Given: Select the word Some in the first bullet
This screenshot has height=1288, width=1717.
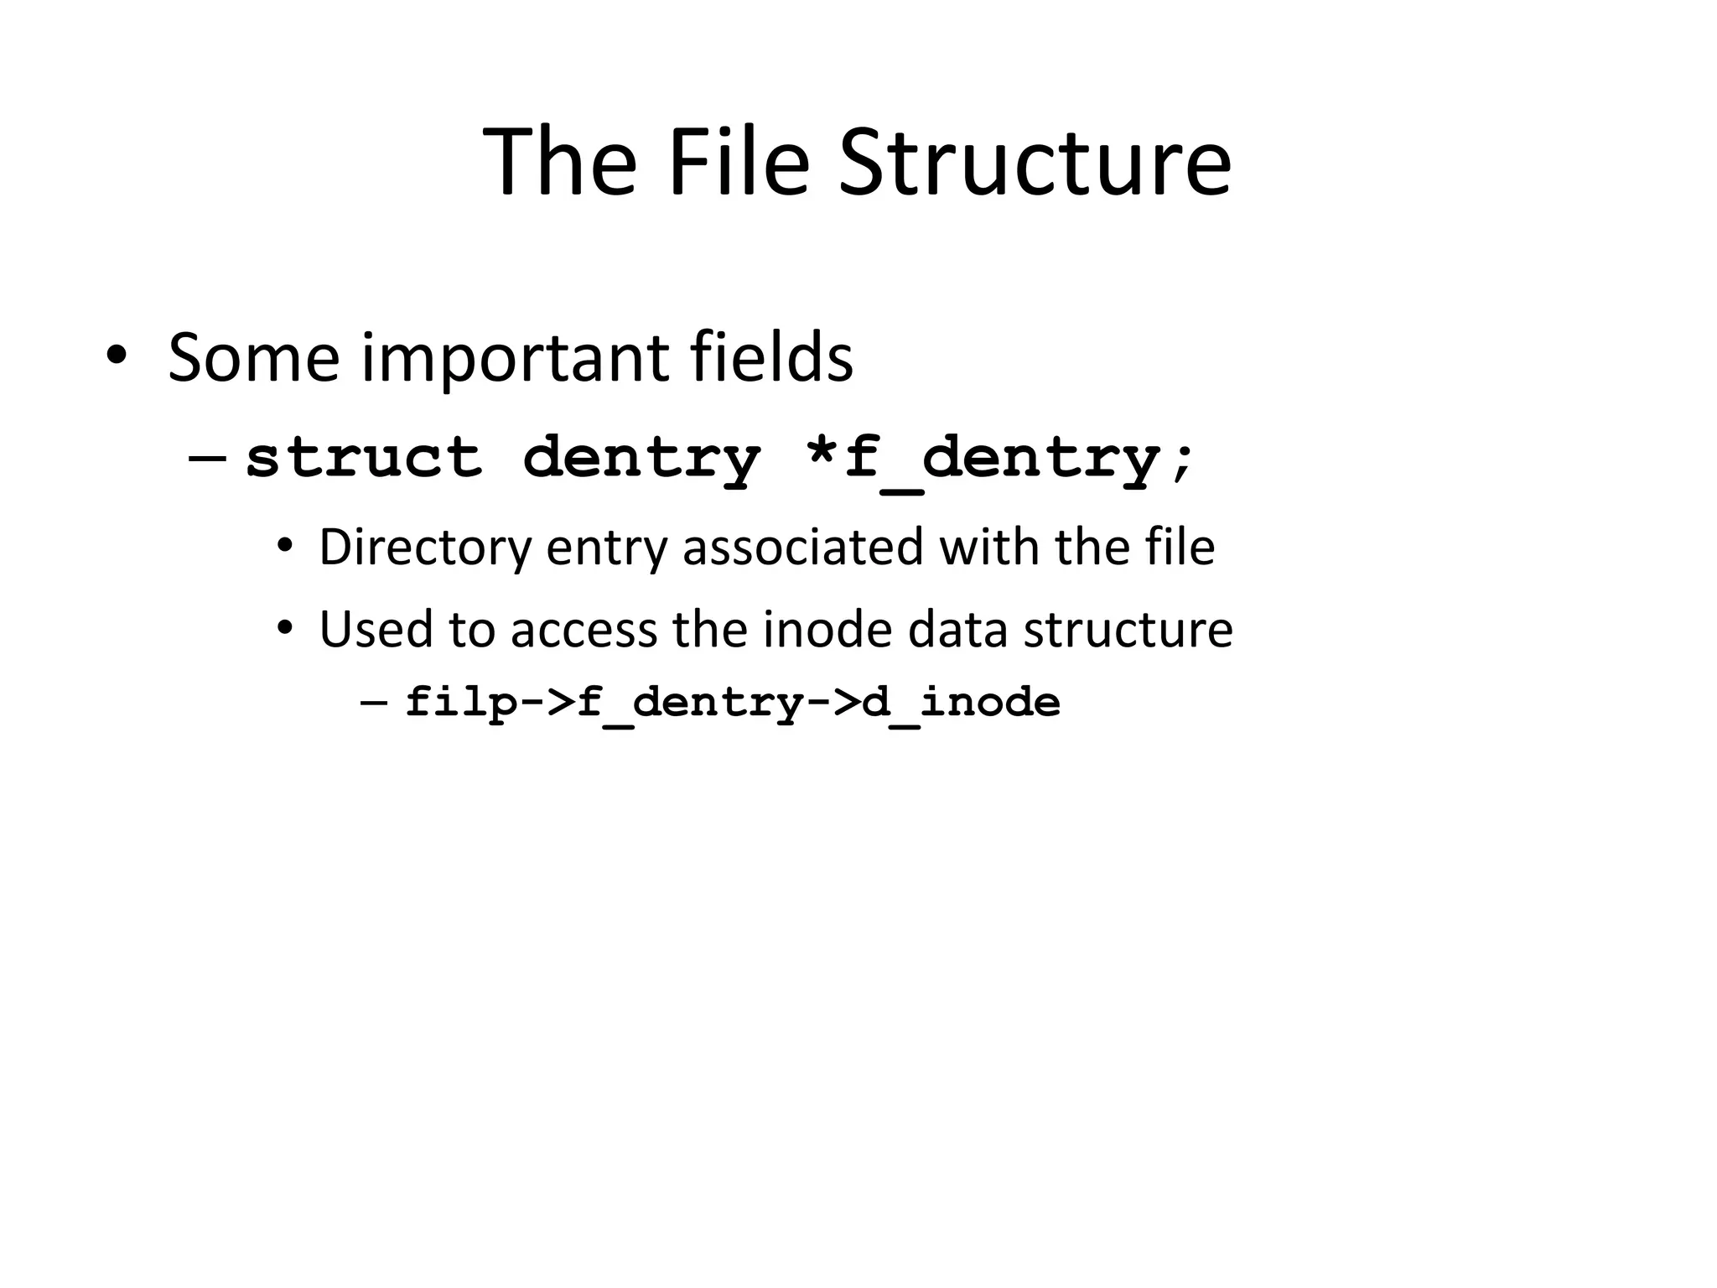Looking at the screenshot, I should (x=254, y=358).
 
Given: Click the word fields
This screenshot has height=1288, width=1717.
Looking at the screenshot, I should (x=770, y=358).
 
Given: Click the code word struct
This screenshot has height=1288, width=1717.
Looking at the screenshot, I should (x=364, y=459).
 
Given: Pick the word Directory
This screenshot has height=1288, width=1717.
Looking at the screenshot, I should (x=425, y=548).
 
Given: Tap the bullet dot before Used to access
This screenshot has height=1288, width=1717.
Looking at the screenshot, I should (x=285, y=628).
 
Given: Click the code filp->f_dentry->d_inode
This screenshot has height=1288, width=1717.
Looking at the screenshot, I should (x=733, y=702).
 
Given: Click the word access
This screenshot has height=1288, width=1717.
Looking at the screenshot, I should (x=584, y=630).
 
